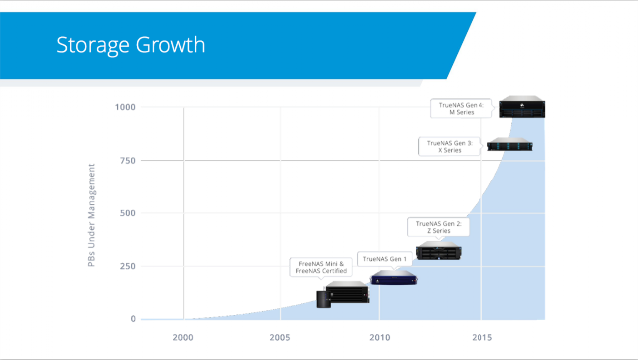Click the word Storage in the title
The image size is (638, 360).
[93, 45]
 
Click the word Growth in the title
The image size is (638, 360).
[170, 45]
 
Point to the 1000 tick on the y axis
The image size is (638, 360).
[125, 107]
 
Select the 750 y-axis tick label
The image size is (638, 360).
[127, 160]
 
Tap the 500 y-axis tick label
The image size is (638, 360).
[127, 213]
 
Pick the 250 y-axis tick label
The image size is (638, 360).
[127, 266]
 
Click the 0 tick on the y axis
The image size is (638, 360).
[133, 319]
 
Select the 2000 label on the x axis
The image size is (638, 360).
[183, 338]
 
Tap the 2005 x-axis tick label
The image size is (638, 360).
[280, 338]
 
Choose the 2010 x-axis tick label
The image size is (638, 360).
[380, 338]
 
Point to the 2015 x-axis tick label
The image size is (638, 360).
[482, 338]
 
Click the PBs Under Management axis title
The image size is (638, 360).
[91, 215]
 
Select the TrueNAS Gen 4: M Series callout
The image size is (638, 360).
[462, 109]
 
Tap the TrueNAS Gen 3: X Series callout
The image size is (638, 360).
[450, 147]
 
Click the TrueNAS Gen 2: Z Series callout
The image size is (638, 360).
[439, 227]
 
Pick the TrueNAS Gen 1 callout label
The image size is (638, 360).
[385, 259]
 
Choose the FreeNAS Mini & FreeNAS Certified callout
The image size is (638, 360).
[321, 267]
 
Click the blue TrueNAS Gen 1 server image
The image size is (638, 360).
[394, 277]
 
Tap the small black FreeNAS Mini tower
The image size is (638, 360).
[323, 299]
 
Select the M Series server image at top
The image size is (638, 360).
[522, 107]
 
